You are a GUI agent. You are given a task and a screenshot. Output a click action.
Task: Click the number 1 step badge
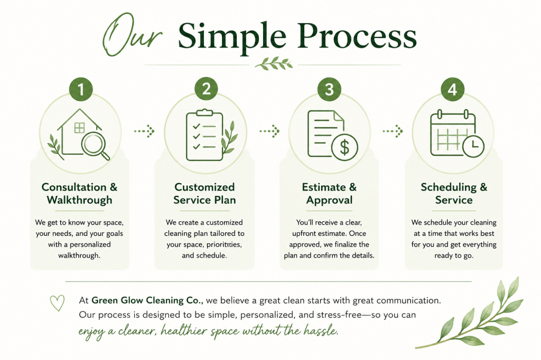click(x=81, y=89)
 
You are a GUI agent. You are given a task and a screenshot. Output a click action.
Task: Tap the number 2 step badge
click(x=206, y=89)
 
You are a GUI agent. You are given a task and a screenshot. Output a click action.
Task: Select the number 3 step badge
click(x=329, y=89)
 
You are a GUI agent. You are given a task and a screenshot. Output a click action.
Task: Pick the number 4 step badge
click(x=452, y=89)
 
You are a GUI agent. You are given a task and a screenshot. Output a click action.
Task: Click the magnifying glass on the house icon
click(x=94, y=145)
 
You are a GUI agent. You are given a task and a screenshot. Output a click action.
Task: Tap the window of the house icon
click(x=79, y=128)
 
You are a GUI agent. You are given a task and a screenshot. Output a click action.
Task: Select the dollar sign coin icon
click(x=344, y=147)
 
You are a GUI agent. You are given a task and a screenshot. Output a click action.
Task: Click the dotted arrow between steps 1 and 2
click(x=144, y=131)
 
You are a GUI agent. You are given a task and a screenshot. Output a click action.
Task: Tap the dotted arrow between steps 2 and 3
click(x=269, y=131)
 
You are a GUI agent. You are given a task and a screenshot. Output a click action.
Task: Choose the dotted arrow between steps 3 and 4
click(x=393, y=131)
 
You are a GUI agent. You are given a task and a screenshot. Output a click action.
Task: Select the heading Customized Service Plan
click(x=204, y=193)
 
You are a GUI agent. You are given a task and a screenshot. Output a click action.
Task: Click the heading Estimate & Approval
click(x=329, y=193)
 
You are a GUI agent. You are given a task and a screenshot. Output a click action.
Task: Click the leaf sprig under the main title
click(x=274, y=64)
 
